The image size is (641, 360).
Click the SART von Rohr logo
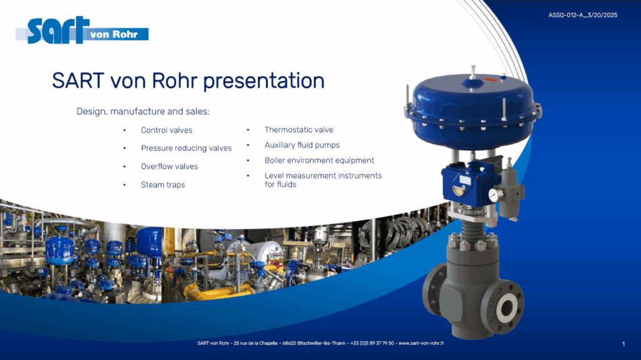click(x=82, y=30)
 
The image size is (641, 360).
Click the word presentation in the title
click(x=264, y=81)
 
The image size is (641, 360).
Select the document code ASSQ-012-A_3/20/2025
click(x=583, y=15)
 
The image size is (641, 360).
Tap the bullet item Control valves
click(x=167, y=130)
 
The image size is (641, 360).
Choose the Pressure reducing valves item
click(x=186, y=148)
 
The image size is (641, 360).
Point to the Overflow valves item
click(x=169, y=167)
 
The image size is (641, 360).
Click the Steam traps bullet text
click(x=163, y=185)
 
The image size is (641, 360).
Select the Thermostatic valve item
click(x=299, y=130)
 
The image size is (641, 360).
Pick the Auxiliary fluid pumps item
click(x=302, y=145)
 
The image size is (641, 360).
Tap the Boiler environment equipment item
click(x=319, y=160)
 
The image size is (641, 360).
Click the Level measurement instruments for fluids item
click(x=323, y=180)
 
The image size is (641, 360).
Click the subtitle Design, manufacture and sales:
click(x=143, y=111)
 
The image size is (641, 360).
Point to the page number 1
click(x=623, y=344)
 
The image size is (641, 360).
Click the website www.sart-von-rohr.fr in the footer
click(x=421, y=343)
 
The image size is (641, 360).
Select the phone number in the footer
click(x=372, y=343)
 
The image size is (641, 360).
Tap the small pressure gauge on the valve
click(x=493, y=195)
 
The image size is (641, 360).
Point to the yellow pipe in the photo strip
click(x=217, y=291)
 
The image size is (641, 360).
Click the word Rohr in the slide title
click(x=175, y=81)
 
